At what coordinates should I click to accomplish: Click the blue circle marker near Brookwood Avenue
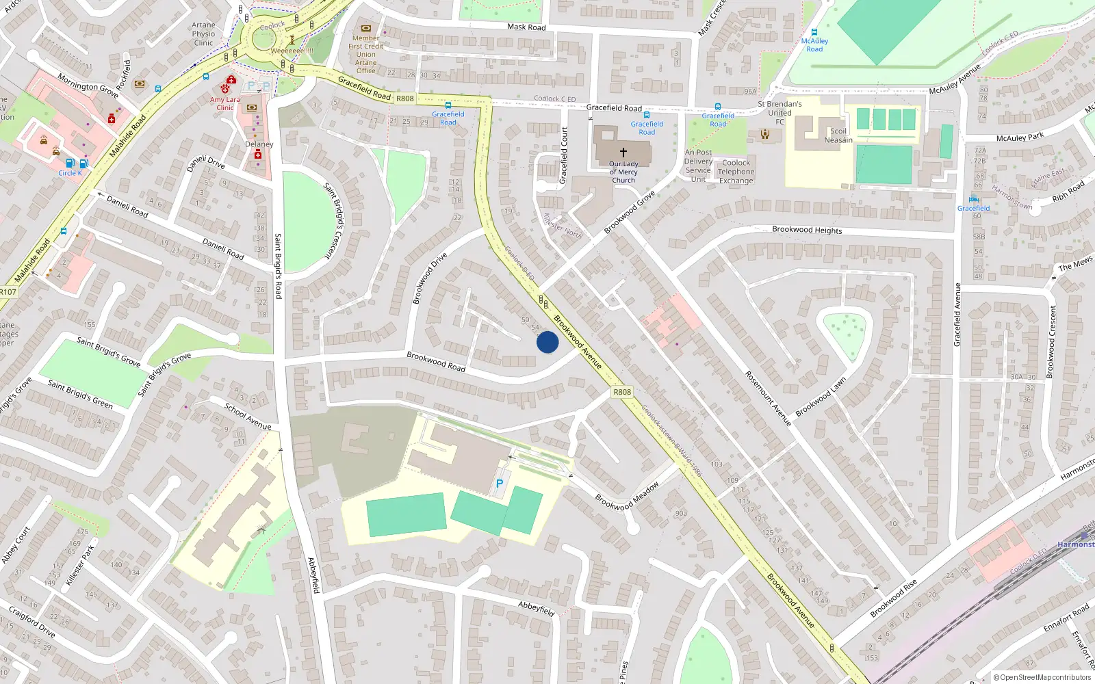coord(547,342)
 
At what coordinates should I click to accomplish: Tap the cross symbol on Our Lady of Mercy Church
coord(623,153)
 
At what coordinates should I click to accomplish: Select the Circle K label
coord(70,173)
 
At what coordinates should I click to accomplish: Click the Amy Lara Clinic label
coord(225,103)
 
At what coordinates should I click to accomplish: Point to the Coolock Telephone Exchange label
coord(736,172)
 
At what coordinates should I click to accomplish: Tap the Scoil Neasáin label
coord(838,135)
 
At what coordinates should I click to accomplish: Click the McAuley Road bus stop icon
coord(814,32)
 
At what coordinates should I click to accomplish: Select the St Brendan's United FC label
coord(780,113)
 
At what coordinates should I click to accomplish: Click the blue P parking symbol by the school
coord(500,484)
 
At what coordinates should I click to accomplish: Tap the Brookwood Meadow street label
coord(627,496)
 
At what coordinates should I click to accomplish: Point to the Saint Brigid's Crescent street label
coord(334,220)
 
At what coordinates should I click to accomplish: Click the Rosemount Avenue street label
coord(768,399)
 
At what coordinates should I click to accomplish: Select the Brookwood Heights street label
coord(807,230)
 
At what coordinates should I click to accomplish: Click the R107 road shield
coord(8,292)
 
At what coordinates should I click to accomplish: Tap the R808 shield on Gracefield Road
coord(405,98)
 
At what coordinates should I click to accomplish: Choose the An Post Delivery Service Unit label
coord(698,166)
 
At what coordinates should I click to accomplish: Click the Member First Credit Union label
coord(366,54)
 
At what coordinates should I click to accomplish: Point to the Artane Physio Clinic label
coord(203,34)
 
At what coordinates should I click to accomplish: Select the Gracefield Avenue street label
coord(957,314)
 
